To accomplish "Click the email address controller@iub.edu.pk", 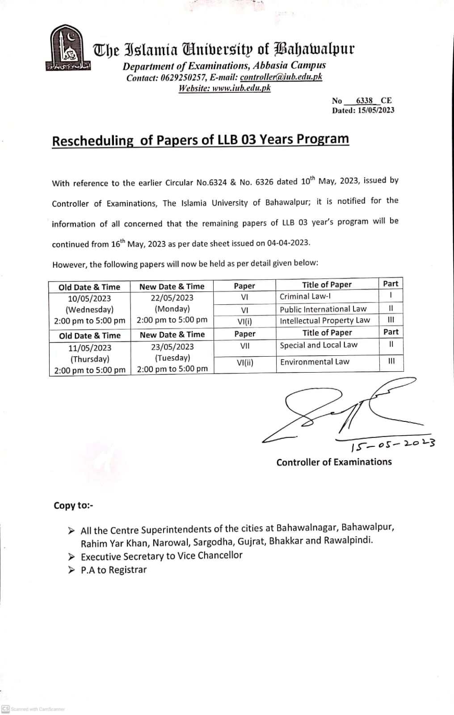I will tap(281, 77).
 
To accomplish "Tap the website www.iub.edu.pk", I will tap(241, 88).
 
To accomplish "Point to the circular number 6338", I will tap(364, 101).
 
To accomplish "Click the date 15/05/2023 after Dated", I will tap(376, 110).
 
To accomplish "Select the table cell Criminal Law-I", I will tap(305, 296).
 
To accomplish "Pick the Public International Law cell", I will tap(323, 309).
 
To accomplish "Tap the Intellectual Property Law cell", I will tap(325, 320).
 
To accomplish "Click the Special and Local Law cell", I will tap(319, 345).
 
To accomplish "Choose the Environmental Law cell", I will tap(315, 362).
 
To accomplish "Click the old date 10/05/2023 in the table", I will tap(89, 299).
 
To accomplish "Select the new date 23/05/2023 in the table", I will tap(172, 347).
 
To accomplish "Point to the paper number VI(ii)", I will tap(245, 362).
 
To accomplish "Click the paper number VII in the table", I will tap(245, 345).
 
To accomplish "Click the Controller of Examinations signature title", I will tap(334, 462).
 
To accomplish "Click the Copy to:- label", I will tap(73, 505).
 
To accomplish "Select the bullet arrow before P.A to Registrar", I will tap(71, 570).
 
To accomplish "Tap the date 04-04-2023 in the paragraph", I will tap(288, 243).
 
